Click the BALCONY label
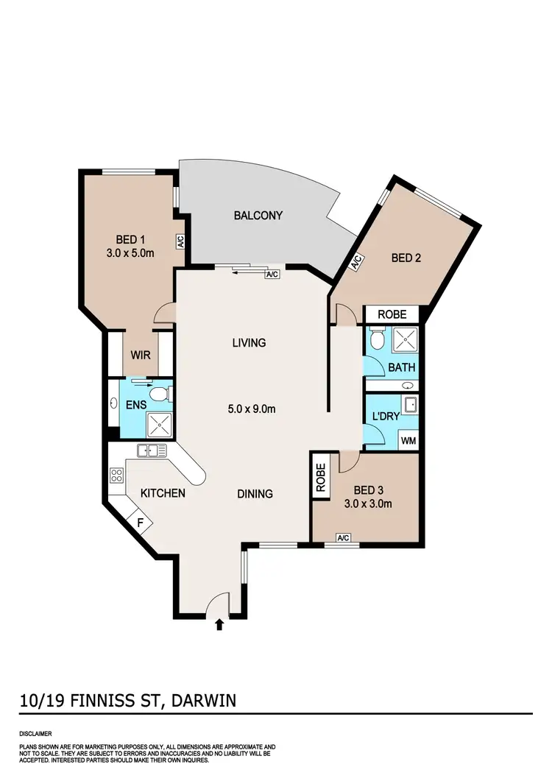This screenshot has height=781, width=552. point(258,216)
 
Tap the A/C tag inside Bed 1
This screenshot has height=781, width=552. point(180,240)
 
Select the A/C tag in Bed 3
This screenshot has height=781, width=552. point(343,538)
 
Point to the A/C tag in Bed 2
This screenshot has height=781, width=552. point(355,261)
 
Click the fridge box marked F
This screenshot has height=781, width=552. point(141,522)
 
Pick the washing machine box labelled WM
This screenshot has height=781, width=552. point(408,441)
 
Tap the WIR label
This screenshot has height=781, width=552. point(141,355)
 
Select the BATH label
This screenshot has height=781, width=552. point(402,367)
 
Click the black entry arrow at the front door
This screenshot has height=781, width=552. point(219,625)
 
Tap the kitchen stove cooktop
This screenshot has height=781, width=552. point(116,475)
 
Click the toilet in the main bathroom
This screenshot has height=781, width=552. point(377,339)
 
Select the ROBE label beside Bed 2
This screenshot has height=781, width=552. point(392,314)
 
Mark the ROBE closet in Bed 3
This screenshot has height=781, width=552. point(320,477)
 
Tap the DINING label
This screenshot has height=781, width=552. point(255,494)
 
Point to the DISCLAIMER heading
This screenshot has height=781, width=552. point(36,734)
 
